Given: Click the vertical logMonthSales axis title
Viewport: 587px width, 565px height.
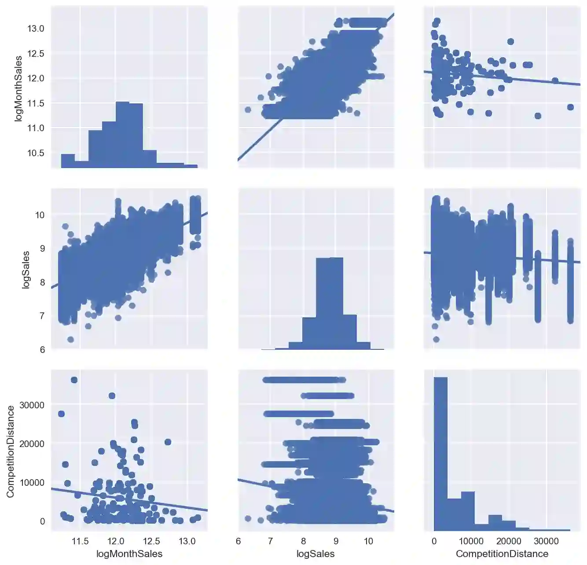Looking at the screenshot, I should point(18,88).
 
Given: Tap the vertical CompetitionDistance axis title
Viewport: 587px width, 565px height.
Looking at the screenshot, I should point(10,451).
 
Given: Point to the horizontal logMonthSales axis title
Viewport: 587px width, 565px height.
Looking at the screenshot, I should point(129,554).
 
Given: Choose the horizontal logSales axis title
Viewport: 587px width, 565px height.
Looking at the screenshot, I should point(316,554).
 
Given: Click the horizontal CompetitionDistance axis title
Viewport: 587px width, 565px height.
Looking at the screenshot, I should point(502,554).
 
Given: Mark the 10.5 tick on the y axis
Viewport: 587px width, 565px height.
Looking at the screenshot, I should point(36,153).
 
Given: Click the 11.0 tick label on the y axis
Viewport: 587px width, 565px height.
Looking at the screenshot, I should point(36,128).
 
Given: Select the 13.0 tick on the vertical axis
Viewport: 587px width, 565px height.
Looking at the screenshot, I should point(36,29).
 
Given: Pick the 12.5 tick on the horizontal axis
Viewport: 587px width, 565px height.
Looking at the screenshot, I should point(151,541).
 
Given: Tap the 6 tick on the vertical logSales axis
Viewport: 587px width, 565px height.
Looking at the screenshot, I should point(42,349).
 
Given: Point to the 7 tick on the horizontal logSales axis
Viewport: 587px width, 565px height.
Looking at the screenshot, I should point(270,541).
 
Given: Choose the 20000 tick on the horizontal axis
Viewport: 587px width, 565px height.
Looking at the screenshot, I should point(509,541).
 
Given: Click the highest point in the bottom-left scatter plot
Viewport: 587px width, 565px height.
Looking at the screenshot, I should point(74,380).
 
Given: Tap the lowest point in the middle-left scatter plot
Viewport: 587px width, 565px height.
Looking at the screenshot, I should point(70,339).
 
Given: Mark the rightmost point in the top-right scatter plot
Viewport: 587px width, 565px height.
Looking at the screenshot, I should point(570,107).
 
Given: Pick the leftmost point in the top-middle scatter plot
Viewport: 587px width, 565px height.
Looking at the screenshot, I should point(248,110).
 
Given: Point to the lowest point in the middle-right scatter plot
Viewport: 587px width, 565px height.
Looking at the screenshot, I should point(436,339).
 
